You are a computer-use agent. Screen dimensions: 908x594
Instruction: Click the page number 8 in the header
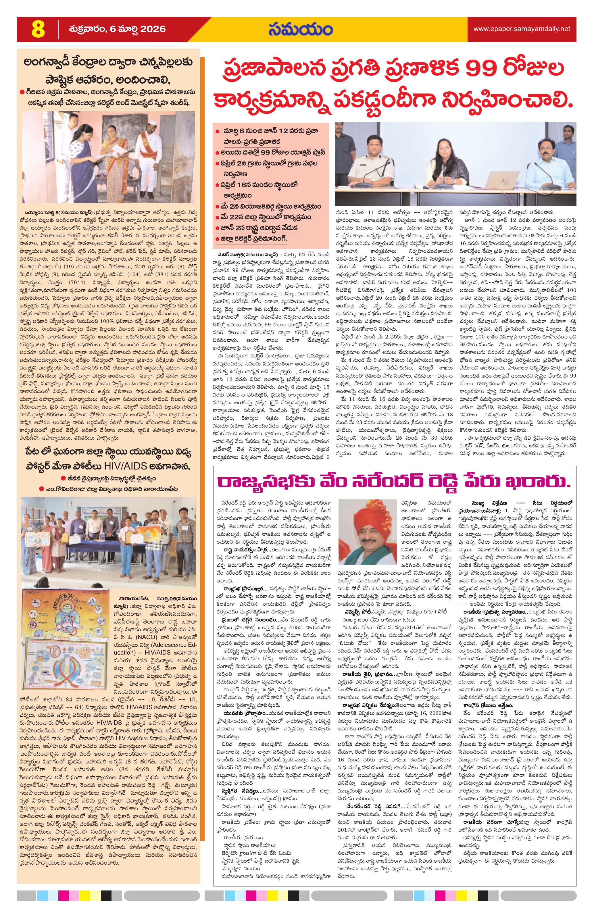coord(39,29)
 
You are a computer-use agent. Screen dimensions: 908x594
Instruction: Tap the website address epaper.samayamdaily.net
coord(522,29)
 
